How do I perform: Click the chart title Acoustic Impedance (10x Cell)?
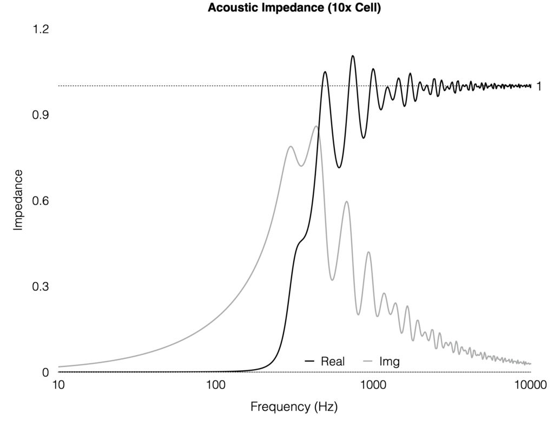coord(294,8)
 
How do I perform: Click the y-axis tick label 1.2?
coord(41,29)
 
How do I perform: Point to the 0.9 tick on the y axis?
coord(41,115)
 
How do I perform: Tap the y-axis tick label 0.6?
coord(41,201)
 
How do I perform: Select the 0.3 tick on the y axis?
coord(41,286)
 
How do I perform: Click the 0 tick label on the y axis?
coord(45,372)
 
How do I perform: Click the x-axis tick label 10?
coord(58,385)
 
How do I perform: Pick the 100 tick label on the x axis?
coord(215,385)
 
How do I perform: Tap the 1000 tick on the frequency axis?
coord(373,385)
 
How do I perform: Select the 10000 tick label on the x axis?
coord(530,385)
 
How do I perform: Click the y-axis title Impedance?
coord(18,200)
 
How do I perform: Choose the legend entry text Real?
coord(333,361)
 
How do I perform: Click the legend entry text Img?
coord(390,361)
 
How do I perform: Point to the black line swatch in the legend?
coord(310,361)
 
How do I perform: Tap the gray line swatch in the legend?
coord(368,361)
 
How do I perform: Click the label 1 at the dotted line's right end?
coord(538,86)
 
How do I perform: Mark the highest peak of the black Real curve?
coord(353,56)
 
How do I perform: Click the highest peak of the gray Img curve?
coord(316,126)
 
